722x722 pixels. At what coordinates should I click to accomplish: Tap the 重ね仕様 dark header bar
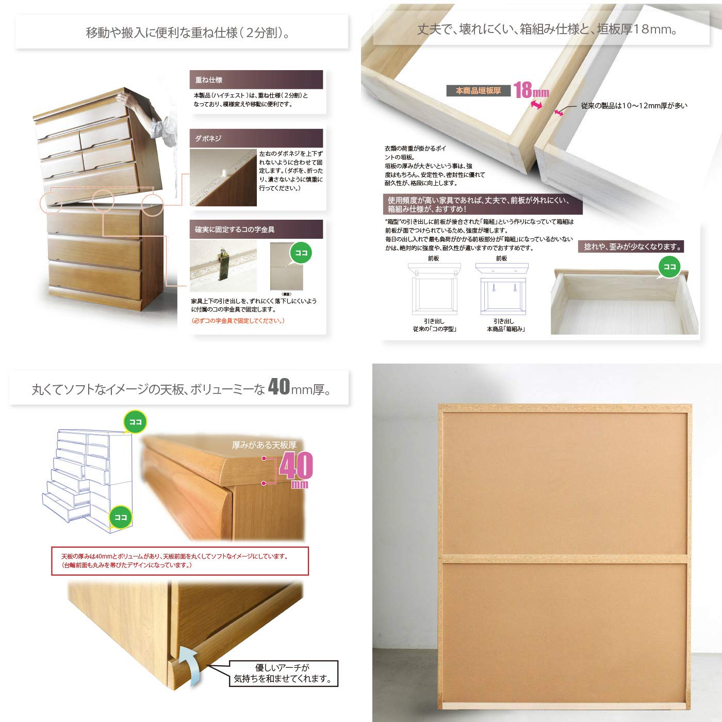click(x=256, y=80)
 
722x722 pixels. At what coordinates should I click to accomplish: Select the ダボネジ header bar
click(x=256, y=138)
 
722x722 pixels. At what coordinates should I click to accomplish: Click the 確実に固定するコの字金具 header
click(x=256, y=229)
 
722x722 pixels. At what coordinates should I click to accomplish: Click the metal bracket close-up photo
click(x=223, y=266)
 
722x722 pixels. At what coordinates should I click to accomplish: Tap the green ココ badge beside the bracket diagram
click(x=301, y=253)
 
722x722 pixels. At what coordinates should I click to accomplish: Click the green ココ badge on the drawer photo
click(x=669, y=267)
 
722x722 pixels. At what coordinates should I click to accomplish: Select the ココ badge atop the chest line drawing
click(x=135, y=422)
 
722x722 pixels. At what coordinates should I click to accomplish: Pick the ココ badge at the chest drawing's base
click(x=121, y=517)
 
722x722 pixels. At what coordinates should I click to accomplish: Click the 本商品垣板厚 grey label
click(x=478, y=91)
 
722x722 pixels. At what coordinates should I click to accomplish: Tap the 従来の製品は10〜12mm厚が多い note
click(x=634, y=106)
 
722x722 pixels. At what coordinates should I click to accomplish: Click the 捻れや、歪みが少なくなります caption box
click(x=632, y=247)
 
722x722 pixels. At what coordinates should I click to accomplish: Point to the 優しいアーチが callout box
click(x=283, y=674)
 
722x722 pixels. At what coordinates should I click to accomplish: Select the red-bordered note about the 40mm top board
click(x=180, y=561)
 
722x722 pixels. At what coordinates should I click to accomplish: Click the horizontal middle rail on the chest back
click(x=565, y=559)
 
